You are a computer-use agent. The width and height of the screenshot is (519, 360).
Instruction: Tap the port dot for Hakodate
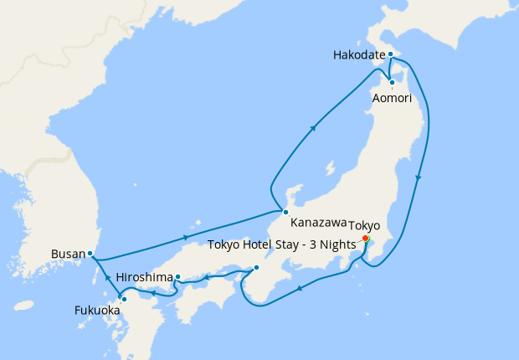390,54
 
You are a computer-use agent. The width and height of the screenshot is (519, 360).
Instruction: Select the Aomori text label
391,97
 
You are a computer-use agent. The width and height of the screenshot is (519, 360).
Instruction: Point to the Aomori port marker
391,82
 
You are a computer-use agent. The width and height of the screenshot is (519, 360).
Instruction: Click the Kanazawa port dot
285,212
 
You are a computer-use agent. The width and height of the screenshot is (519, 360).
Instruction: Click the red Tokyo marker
365,238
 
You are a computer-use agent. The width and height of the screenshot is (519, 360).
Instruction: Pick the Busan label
67,253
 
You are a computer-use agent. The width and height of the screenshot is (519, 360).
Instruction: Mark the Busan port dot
90,253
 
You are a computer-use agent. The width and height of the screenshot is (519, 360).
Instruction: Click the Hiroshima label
143,276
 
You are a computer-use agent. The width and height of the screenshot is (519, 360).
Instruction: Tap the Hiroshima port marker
177,276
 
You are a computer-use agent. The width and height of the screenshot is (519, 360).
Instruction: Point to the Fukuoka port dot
124,299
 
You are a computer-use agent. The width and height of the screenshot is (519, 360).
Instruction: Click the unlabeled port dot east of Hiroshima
256,268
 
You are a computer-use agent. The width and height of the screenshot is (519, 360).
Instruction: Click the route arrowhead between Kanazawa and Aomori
313,128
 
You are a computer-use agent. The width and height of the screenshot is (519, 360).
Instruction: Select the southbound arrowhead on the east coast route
419,177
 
